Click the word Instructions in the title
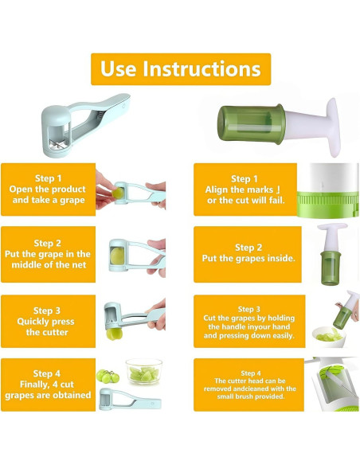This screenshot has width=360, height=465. click(202, 68)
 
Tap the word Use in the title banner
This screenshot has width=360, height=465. click(119, 68)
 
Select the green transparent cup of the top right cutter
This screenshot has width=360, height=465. click(252, 123)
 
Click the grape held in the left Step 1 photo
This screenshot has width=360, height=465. click(118, 193)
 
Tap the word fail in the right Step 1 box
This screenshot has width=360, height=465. click(276, 201)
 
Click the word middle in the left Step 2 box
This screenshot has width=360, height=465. click(25, 265)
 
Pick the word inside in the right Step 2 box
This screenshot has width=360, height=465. click(281, 258)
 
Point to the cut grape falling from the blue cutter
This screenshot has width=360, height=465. click(114, 334)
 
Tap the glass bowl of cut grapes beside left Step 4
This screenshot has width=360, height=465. click(144, 371)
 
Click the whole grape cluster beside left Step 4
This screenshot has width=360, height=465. click(108, 377)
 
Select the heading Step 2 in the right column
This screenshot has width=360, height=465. click(248, 248)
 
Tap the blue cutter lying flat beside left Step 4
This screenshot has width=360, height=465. click(130, 399)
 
